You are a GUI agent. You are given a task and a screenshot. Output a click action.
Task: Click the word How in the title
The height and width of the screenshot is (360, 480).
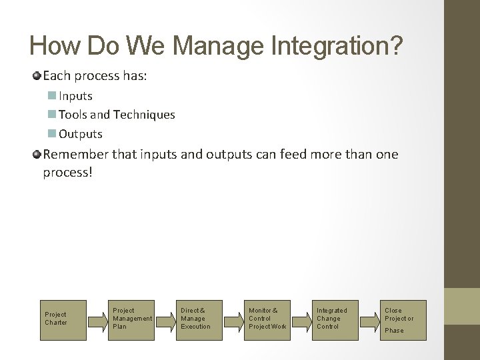click(53, 45)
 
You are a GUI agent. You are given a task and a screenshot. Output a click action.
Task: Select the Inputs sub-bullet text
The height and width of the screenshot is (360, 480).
click(75, 96)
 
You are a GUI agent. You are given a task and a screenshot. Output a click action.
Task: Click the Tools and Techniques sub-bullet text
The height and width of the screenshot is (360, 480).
click(117, 115)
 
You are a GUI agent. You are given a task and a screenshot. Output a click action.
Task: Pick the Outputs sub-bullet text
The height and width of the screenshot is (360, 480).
click(81, 134)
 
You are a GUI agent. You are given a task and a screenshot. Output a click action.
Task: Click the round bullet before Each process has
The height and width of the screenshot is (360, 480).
click(37, 76)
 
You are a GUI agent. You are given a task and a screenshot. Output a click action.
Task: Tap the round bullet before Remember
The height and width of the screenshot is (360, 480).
click(37, 155)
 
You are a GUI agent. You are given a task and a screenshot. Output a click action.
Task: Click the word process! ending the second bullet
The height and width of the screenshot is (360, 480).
click(67, 172)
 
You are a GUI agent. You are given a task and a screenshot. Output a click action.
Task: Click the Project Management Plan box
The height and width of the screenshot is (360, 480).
click(131, 318)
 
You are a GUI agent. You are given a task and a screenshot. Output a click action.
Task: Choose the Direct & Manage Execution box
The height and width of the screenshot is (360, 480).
click(199, 318)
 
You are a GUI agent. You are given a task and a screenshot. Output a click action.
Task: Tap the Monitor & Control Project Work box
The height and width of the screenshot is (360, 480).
click(267, 318)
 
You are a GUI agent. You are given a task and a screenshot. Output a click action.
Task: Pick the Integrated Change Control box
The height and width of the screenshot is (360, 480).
click(335, 318)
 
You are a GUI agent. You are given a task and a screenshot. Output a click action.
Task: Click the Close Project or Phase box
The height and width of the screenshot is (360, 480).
click(403, 318)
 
